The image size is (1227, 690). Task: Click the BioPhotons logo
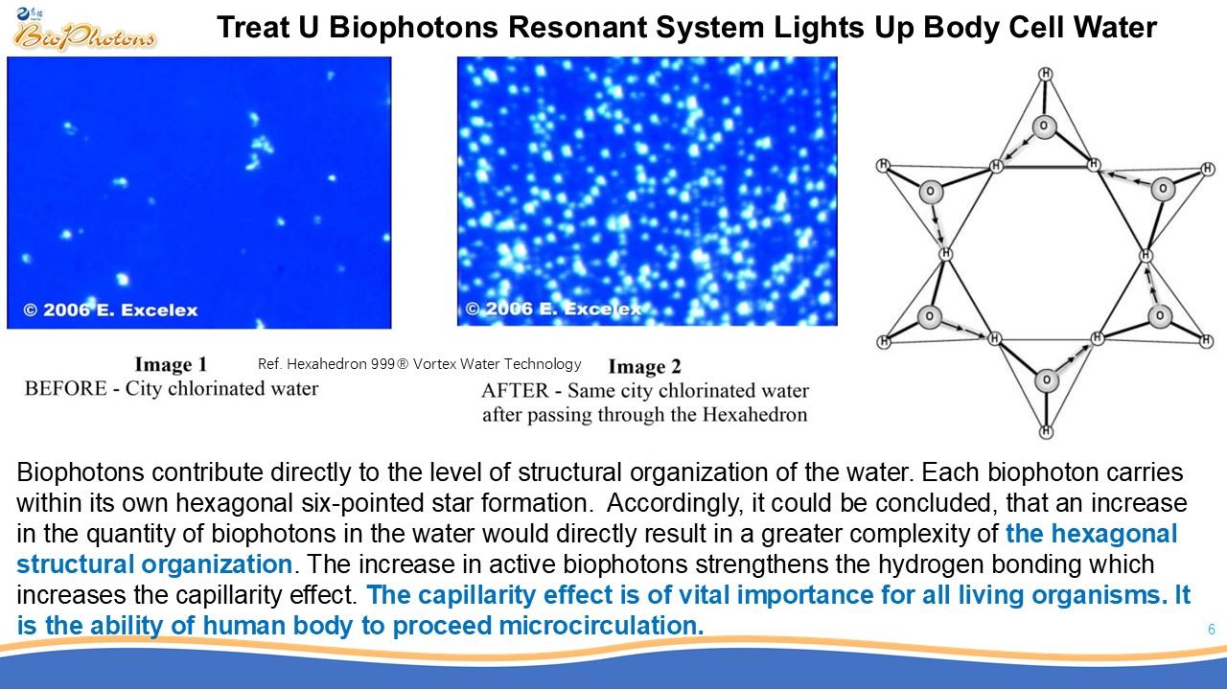pyautogui.click(x=83, y=31)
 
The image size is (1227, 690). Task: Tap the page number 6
pyautogui.click(x=1211, y=630)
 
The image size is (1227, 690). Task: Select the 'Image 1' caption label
pyautogui.click(x=171, y=364)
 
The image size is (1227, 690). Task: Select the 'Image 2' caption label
pyautogui.click(x=645, y=366)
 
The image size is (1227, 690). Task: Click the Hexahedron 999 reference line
pyautogui.click(x=419, y=364)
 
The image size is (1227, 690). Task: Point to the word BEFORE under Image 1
pyautogui.click(x=66, y=389)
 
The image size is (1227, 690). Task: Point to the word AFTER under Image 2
pyautogui.click(x=515, y=391)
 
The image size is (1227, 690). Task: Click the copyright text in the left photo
pyautogui.click(x=110, y=310)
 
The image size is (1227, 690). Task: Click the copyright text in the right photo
pyautogui.click(x=553, y=309)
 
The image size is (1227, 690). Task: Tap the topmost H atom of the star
pyautogui.click(x=1046, y=74)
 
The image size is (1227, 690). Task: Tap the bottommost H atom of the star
pyautogui.click(x=1046, y=431)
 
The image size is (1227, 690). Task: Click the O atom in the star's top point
pyautogui.click(x=1044, y=126)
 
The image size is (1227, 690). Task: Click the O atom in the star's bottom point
pyautogui.click(x=1047, y=380)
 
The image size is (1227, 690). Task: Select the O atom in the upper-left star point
pyautogui.click(x=930, y=192)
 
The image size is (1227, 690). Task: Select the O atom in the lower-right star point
pyautogui.click(x=1160, y=316)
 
